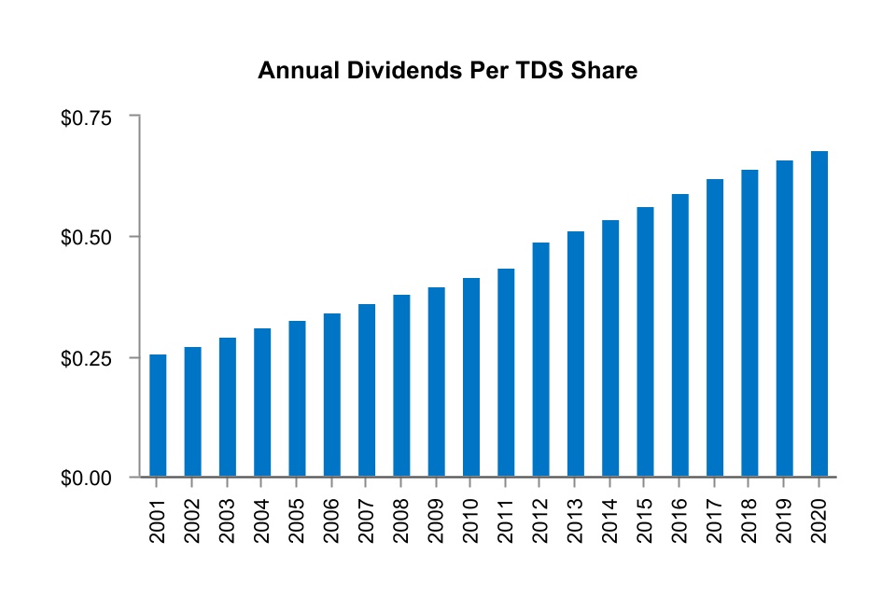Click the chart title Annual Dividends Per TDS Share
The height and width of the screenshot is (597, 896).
coord(447,71)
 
